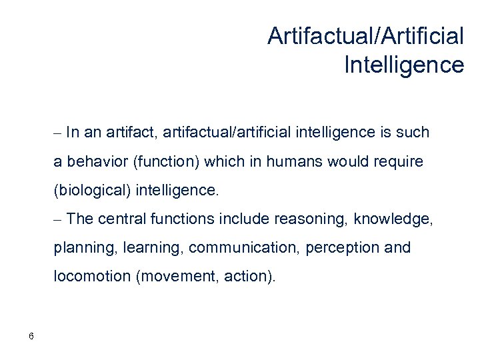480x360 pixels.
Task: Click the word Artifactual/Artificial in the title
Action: (365, 36)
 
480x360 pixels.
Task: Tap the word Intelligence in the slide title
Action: (404, 65)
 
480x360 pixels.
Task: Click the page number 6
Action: (31, 335)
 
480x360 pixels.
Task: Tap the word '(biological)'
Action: (92, 191)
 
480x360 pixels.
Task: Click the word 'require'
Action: (399, 162)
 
